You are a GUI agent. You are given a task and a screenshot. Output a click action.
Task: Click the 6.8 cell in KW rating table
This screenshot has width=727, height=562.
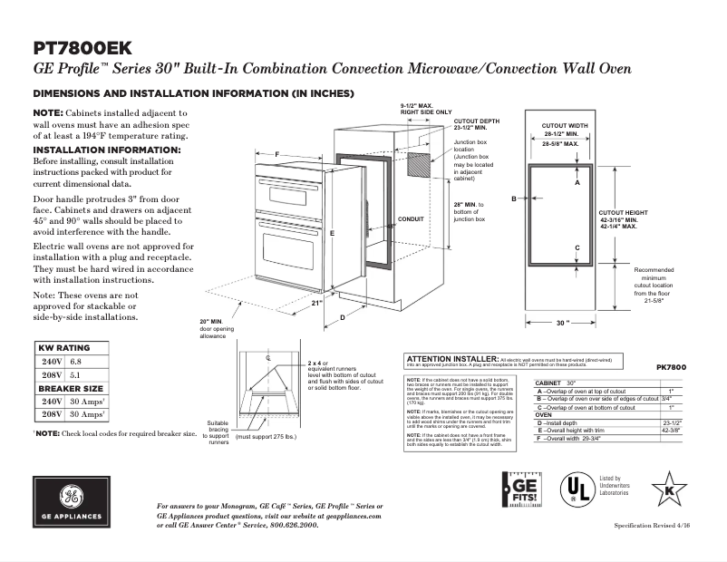click(x=77, y=361)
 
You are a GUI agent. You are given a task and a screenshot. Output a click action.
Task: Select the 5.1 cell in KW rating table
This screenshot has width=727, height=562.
click(x=77, y=373)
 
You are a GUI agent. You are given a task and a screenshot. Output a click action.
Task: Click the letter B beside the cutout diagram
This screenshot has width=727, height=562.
click(x=513, y=198)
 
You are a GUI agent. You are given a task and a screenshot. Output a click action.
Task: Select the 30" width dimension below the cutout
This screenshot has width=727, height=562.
click(x=563, y=322)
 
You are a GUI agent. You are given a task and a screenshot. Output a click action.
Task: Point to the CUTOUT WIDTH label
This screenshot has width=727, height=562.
click(x=566, y=125)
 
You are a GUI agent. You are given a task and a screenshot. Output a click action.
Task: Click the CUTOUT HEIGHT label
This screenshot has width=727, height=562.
click(x=624, y=210)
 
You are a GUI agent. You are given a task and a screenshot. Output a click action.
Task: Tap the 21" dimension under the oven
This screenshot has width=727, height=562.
click(x=317, y=304)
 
